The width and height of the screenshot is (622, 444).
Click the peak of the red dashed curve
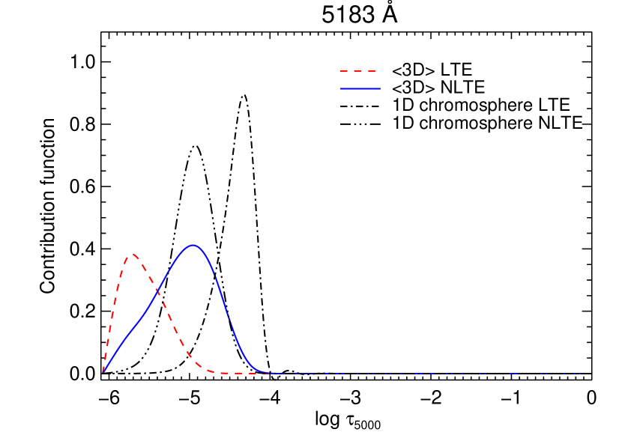133,255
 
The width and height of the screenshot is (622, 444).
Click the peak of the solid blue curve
193,245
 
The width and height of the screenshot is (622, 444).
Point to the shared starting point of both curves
103,372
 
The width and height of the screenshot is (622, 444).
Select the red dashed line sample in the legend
358,71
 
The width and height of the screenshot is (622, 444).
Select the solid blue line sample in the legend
360,88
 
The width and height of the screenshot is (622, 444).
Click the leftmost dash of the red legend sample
344,71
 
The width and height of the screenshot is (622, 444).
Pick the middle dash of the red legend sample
358,71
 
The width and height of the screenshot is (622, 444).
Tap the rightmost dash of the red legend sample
372,71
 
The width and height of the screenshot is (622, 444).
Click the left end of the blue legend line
341,88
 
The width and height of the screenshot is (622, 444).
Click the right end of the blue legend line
379,88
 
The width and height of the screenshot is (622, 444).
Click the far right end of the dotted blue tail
580,373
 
